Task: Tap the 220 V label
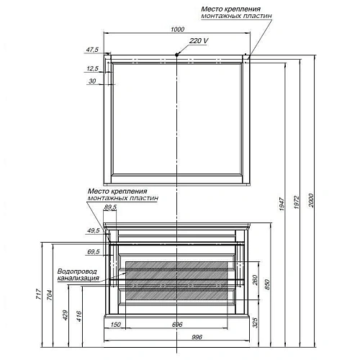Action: [199, 41]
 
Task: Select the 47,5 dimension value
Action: [91, 50]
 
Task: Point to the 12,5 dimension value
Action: [91, 68]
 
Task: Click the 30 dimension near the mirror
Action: [91, 81]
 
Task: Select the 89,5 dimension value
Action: [110, 208]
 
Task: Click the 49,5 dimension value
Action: [91, 230]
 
